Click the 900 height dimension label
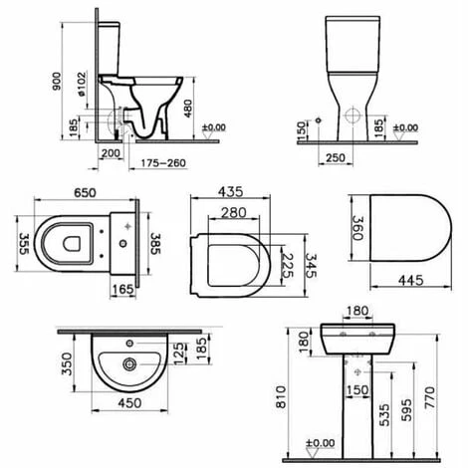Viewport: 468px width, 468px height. (57, 81)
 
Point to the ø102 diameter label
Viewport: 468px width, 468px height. (82, 85)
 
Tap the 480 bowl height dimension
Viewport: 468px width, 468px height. (188, 109)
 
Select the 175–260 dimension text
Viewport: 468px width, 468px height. (163, 163)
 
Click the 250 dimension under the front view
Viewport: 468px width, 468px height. (336, 158)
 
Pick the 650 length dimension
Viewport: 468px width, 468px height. (85, 193)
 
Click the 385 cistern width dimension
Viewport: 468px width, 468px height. (155, 243)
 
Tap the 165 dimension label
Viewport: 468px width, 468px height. (122, 290)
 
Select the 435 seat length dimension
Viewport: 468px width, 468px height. (230, 192)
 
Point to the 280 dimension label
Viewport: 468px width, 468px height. (234, 213)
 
